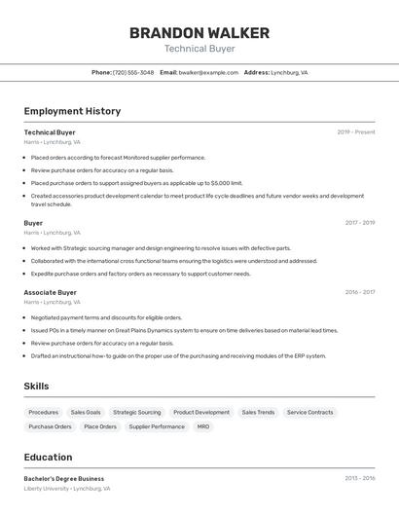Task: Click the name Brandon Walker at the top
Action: coord(199,32)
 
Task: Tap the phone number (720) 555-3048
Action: coord(133,72)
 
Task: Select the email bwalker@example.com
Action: coord(209,72)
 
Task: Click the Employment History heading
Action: coord(72,111)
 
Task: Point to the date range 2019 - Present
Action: coord(356,132)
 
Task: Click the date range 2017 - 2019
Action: coord(359,223)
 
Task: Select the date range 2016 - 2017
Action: coord(359,292)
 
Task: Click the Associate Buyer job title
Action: coord(50,292)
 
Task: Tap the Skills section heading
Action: coord(36,387)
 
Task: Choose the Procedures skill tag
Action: coord(43,412)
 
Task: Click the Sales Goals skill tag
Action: coord(86,412)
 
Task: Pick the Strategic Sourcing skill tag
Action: coord(136,412)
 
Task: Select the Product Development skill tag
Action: coord(201,412)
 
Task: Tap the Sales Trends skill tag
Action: coord(258,412)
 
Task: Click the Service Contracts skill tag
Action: coord(309,412)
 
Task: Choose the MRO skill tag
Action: coord(203,426)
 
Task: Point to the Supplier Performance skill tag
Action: coord(157,426)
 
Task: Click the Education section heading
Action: coord(48,457)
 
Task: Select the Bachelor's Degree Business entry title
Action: coord(63,479)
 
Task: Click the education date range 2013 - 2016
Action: coord(359,479)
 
